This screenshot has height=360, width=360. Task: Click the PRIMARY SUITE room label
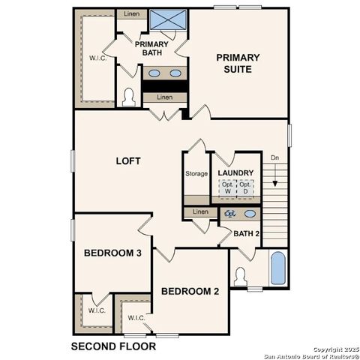[238, 63]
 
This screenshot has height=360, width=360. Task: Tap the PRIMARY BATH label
[154, 49]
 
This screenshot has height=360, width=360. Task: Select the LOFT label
[128, 161]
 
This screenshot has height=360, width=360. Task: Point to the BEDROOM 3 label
[112, 253]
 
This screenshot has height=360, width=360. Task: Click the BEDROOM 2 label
[190, 291]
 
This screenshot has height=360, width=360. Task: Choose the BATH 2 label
[245, 233]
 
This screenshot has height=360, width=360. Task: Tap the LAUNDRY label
[235, 173]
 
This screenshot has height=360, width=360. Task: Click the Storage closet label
[196, 174]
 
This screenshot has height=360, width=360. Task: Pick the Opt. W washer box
[229, 188]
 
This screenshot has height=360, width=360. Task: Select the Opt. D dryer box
[245, 188]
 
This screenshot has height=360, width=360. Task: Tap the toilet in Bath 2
[241, 275]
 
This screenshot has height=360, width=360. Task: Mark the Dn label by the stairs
[275, 158]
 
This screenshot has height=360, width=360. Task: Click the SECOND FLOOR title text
[113, 346]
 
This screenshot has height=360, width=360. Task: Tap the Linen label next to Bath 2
[199, 212]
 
